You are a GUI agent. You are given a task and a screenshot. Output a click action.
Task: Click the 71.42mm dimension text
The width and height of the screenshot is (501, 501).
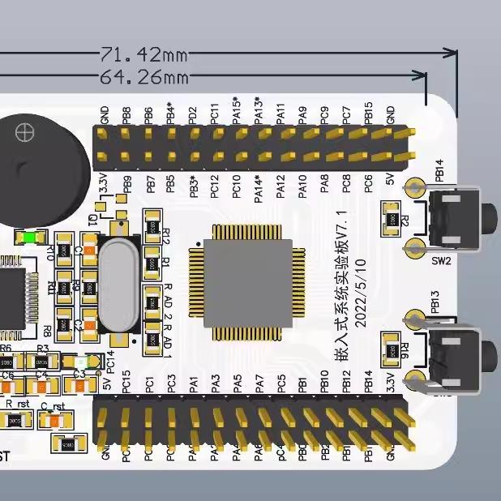coord(143,55)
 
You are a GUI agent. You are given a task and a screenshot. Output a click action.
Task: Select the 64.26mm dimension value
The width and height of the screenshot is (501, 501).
coord(143,78)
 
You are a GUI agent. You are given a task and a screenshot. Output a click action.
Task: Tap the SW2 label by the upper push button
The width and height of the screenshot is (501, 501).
coord(440,261)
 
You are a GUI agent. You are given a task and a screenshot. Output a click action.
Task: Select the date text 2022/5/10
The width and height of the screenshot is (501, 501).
coord(362,293)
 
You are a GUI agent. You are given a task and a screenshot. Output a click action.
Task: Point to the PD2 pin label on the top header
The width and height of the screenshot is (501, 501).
coord(193,113)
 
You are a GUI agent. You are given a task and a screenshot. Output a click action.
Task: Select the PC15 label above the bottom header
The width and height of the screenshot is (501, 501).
coord(126,382)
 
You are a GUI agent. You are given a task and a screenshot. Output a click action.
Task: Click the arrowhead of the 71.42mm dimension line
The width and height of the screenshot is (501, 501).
coord(452,54)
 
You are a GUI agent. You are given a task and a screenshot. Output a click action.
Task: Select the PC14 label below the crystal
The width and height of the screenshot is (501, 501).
coord(111,362)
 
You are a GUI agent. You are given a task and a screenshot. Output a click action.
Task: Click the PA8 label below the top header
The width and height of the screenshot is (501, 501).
coord(324,188)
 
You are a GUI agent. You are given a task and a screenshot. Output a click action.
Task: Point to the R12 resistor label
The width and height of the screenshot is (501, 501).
coord(166,235)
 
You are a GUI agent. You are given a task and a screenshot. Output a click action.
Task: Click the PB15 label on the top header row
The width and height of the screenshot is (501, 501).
coord(369,112)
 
